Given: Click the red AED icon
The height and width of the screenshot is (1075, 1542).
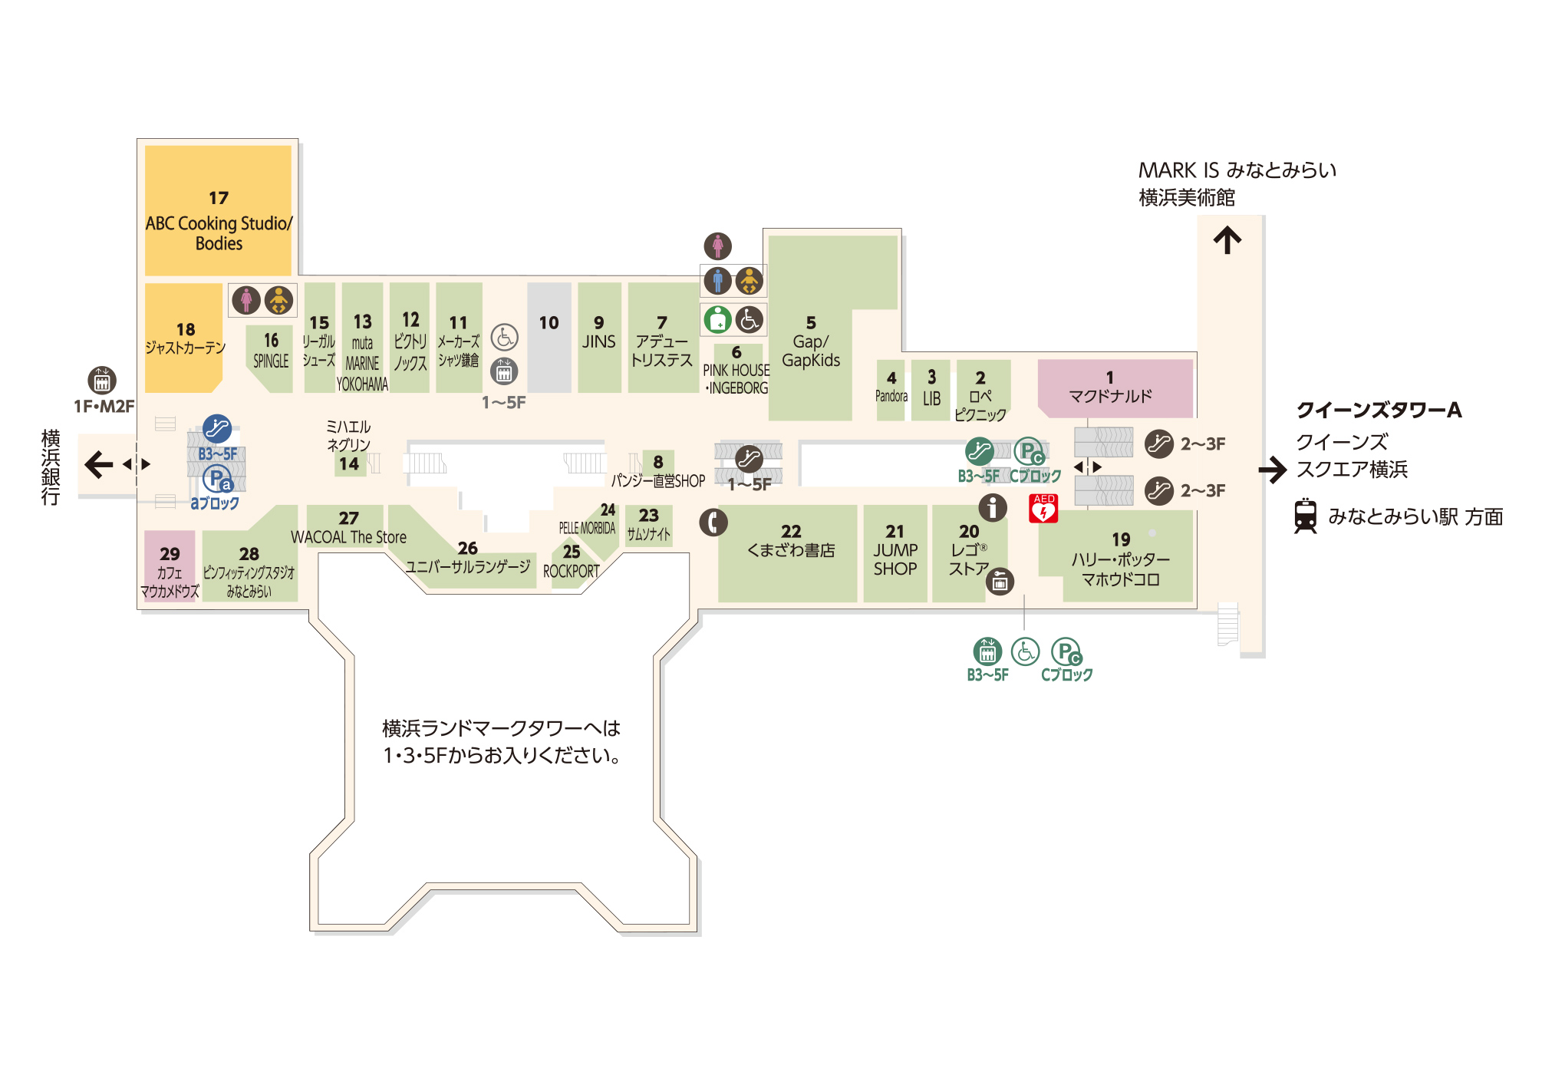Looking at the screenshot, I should coord(1043,509).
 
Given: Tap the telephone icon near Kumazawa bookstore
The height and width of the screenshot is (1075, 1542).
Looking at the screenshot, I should coord(713,523).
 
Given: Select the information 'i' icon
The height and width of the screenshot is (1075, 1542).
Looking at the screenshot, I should coord(992,507).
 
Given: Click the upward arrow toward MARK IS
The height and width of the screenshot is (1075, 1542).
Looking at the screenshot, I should coord(1227,239).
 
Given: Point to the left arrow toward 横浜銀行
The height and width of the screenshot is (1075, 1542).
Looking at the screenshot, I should coord(98,464).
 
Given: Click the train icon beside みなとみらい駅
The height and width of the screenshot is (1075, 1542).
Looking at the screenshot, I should coord(1305,516).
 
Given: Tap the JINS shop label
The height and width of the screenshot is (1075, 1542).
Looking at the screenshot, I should coord(598,341).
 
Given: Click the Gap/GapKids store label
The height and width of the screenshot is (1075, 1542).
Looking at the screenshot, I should coord(811,351).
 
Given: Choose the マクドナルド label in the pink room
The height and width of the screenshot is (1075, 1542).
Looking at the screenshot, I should coord(1109,396).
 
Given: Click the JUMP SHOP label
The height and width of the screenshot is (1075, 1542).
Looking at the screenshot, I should coord(895,559).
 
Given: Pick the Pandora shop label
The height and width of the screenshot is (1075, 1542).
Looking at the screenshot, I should coord(891,396).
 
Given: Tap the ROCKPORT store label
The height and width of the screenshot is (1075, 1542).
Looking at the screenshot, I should coord(571,572).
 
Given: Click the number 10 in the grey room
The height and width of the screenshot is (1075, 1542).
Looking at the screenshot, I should coord(549,323).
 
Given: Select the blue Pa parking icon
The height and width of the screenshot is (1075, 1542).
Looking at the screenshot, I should coord(217,479).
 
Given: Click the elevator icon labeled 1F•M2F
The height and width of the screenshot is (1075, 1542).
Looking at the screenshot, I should coord(101,380).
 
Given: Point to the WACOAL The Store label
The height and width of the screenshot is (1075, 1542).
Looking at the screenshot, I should coord(348,537).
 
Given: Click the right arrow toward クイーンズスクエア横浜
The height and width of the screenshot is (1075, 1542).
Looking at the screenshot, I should coord(1272,470).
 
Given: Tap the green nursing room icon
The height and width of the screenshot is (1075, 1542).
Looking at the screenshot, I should coord(718,319).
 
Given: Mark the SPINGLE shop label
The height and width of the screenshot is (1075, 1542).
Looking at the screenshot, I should coord(271,361).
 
